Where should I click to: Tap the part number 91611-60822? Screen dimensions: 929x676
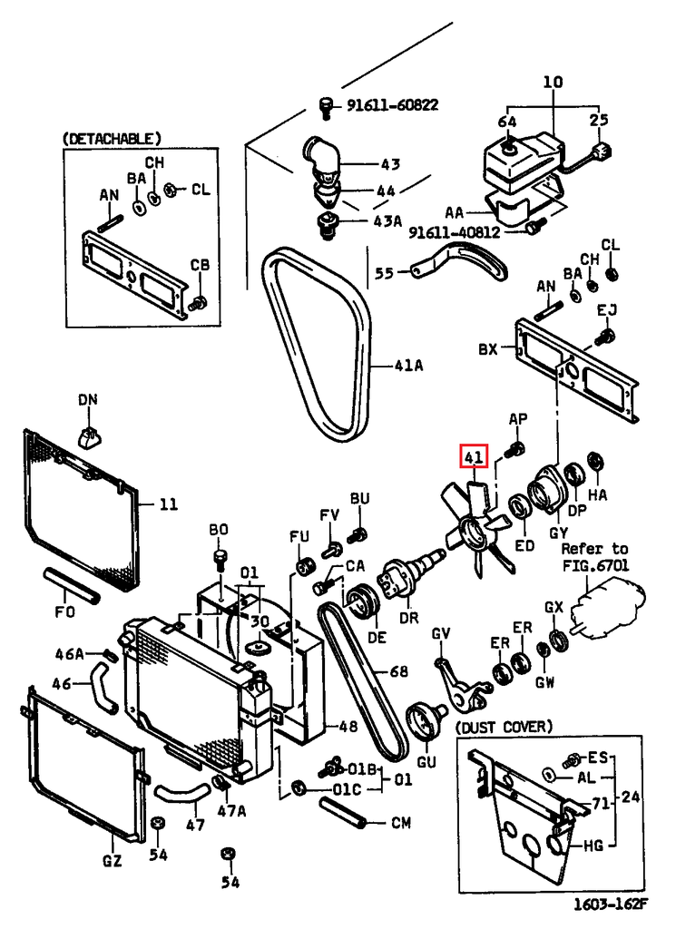(x=392, y=105)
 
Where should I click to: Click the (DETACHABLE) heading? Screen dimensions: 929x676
(x=112, y=139)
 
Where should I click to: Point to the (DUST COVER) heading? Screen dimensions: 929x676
(x=503, y=728)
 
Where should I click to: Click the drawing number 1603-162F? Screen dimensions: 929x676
(x=611, y=905)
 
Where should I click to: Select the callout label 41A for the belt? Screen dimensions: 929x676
(x=409, y=366)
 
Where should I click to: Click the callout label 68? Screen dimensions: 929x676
(x=399, y=672)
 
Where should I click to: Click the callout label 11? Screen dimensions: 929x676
(x=169, y=504)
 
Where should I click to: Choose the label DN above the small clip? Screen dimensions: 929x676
(x=87, y=399)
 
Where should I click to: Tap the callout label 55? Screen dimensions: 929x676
(x=385, y=271)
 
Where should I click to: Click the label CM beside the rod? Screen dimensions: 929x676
(x=400, y=824)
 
